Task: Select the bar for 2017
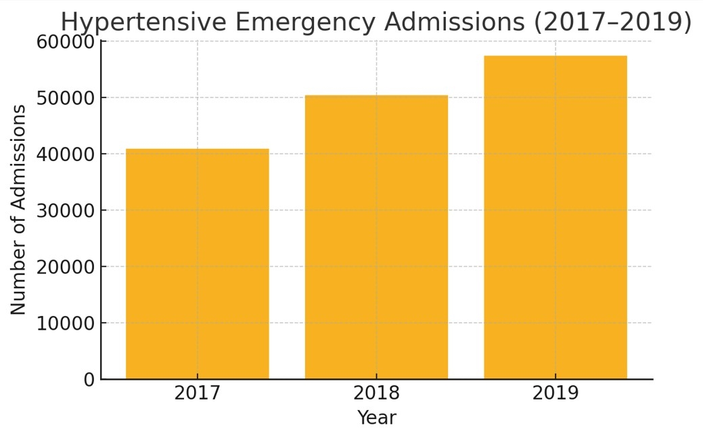[x=197, y=263]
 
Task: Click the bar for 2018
[x=376, y=237]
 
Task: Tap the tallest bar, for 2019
[x=555, y=217]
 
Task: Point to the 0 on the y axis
[x=89, y=380]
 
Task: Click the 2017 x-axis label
[x=197, y=393]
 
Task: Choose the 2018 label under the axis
[x=376, y=393]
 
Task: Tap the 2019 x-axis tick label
[x=555, y=393]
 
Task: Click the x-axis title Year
[x=376, y=418]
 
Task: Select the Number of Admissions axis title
[x=19, y=209]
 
